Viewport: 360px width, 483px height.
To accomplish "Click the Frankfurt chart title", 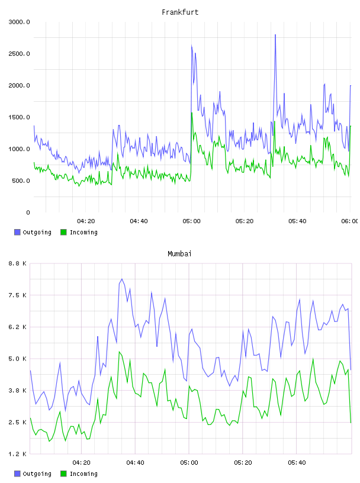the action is coord(180,12).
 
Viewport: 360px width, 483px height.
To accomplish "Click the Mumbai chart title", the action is coord(179,254).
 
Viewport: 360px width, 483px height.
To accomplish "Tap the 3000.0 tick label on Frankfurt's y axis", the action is coord(19,22).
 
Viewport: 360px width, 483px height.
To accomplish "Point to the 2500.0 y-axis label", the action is coord(19,54).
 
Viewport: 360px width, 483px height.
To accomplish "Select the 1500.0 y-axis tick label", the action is coord(19,117).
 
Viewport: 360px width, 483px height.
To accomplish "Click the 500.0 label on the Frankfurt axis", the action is coord(21,181).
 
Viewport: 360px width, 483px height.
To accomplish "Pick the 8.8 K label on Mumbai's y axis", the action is coord(17,263).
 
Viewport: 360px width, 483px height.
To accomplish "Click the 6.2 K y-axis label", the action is coord(17,327).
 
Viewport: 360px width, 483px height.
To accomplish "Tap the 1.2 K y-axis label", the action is coord(17,454).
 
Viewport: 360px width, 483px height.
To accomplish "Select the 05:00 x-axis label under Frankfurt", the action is coord(191,221).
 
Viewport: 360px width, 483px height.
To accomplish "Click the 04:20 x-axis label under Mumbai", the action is coord(81,462).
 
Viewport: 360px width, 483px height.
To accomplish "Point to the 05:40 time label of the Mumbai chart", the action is coord(297,462).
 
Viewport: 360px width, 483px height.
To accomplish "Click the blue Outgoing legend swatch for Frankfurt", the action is coord(17,232).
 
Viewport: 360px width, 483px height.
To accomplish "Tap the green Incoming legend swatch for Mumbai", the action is coord(63,474).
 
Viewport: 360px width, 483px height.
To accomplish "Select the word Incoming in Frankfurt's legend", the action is coord(83,232).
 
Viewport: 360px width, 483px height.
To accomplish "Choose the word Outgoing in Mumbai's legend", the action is coord(37,474).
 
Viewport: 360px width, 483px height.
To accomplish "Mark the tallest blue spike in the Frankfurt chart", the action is coord(275,35).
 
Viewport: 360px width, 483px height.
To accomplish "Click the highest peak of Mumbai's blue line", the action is coord(122,279).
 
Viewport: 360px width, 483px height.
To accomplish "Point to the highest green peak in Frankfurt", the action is coord(192,112).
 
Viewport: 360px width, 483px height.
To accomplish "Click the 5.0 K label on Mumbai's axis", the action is coord(17,359).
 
